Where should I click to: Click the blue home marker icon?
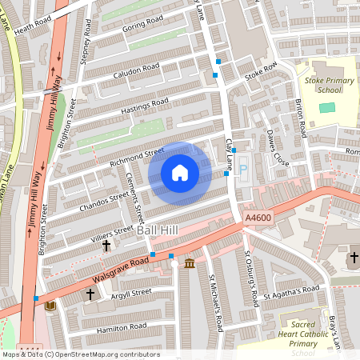[x=180, y=173]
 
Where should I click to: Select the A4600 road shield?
[x=258, y=218]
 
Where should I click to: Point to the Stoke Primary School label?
[x=318, y=85]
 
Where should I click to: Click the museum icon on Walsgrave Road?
[x=190, y=264]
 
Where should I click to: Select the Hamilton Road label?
[x=121, y=326]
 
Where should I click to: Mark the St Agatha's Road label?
[x=296, y=289]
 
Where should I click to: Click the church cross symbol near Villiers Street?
[x=106, y=246]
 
